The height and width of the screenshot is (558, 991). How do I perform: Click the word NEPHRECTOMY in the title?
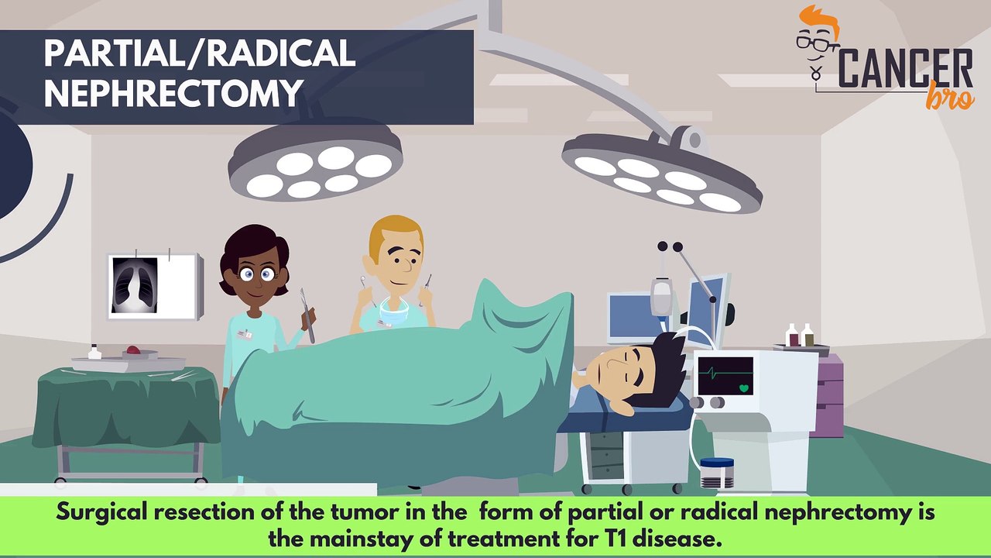(173, 93)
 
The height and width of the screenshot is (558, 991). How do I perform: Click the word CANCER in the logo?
(906, 68)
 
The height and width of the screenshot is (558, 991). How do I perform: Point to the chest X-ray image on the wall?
(135, 284)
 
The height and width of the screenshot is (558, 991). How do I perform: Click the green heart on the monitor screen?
(745, 387)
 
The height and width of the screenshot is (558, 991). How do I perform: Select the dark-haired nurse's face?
(255, 272)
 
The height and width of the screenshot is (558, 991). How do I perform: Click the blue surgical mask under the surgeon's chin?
(394, 315)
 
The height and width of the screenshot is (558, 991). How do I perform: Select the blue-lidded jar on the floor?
(716, 472)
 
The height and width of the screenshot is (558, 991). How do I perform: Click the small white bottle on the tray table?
(94, 353)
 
